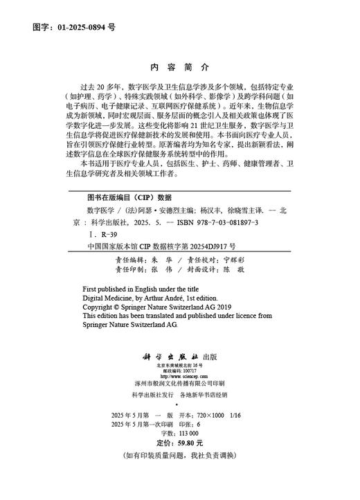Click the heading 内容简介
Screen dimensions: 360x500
pyautogui.click(x=179, y=69)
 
